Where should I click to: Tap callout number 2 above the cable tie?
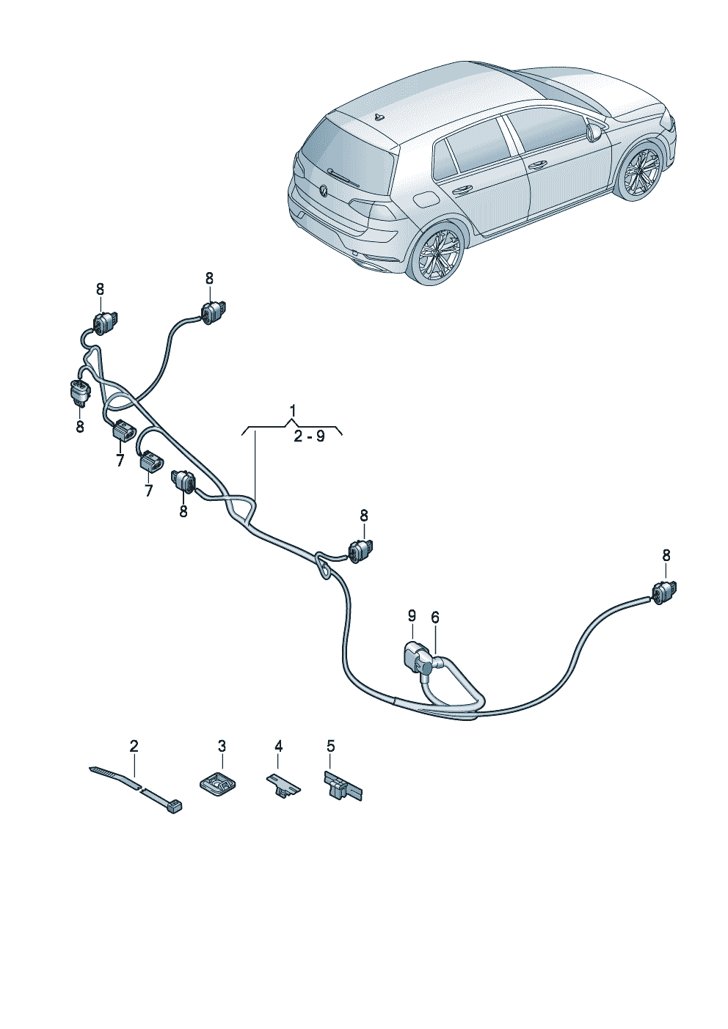point(134,746)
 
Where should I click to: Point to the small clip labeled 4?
point(282,785)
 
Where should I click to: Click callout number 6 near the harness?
point(435,618)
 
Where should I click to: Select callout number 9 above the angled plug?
point(412,614)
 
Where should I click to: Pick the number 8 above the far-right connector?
point(666,555)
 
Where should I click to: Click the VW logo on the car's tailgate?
point(324,191)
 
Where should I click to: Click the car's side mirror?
point(594,131)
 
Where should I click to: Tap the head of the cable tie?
point(175,805)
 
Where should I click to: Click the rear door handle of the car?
point(462,189)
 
